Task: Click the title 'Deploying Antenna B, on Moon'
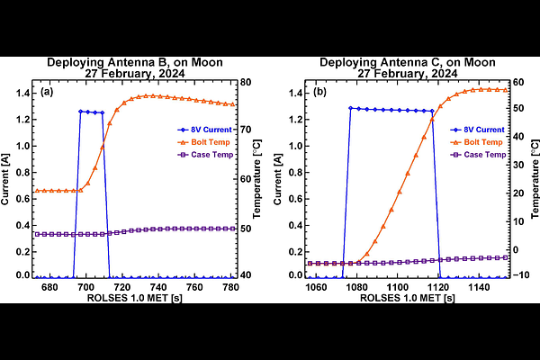tap(135, 62)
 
